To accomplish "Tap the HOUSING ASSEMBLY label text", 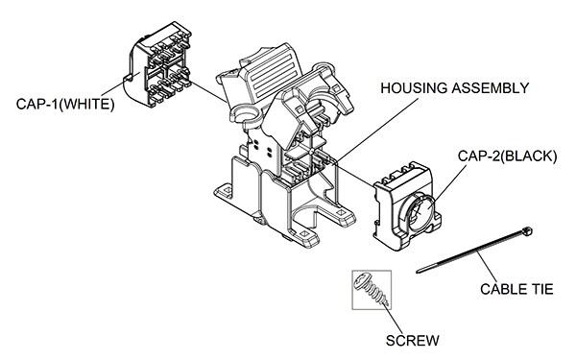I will coord(454,89).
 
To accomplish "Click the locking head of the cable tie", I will coord(527,231).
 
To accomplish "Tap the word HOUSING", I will coord(414,89).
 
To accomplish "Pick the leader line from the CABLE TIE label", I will coord(489,267).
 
